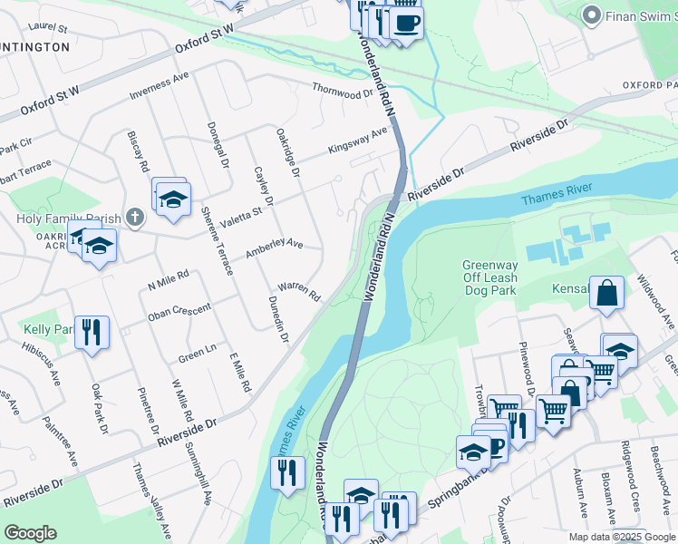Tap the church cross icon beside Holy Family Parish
point(134,217)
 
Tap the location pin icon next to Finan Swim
point(592,15)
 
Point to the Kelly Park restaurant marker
point(92,333)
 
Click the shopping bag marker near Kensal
point(606,294)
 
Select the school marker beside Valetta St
point(172,199)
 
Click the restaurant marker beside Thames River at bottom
point(288,473)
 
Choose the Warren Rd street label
point(299,291)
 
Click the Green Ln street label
point(198,352)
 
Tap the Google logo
point(30,533)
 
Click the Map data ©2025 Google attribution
point(622,537)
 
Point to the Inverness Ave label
point(159,88)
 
